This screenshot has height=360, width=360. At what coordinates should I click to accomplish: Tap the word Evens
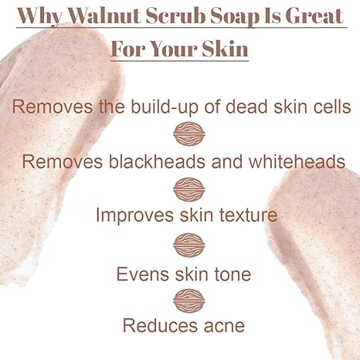point(142,273)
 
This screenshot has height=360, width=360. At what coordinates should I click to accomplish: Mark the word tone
point(229,273)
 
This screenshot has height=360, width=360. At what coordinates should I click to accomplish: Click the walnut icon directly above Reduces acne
point(188,299)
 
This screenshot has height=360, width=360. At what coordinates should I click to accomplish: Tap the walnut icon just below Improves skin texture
point(188,245)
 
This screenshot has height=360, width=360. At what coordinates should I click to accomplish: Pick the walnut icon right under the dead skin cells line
point(188,134)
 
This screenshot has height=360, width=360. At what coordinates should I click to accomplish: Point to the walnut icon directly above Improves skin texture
point(188,188)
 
